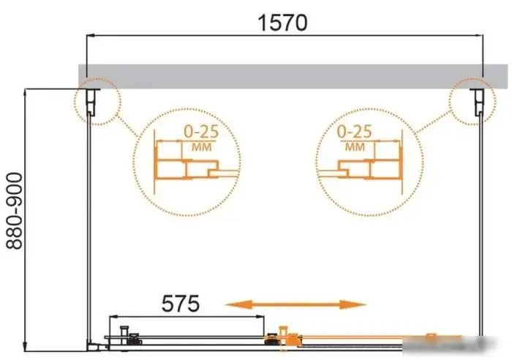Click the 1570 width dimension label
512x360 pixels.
coord(282,23)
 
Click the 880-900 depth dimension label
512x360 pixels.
coord(15,211)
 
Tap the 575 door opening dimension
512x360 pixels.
coord(180,304)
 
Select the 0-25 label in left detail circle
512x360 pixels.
coord(201,132)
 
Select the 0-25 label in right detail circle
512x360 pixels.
coord(354,131)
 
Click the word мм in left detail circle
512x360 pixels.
coord(201,146)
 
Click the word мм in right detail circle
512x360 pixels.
coord(355,146)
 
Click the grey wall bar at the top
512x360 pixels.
coord(293,76)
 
